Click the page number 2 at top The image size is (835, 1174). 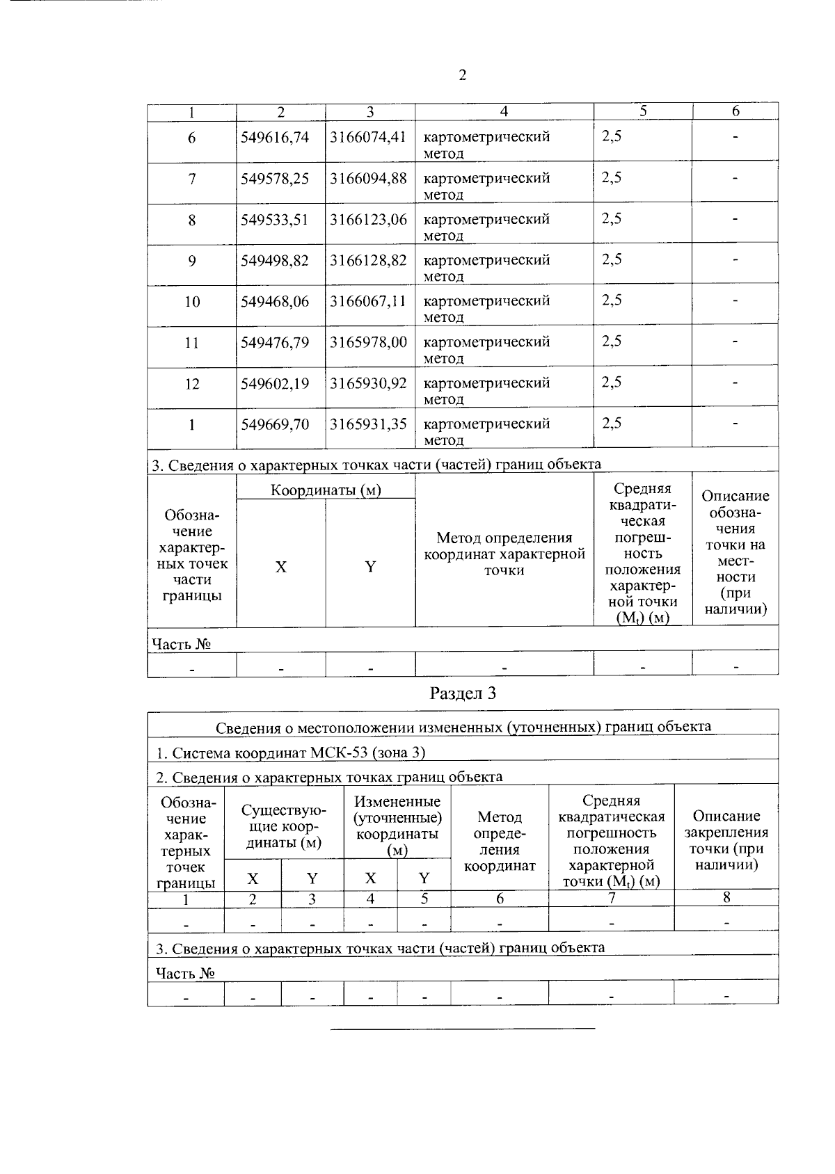coord(462,75)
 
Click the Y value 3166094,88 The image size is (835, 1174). coord(368,178)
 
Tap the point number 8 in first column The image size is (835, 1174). coord(192,220)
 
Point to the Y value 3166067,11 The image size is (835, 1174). coord(368,301)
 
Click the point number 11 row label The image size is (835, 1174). coord(192,343)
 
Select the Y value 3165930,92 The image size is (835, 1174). coord(368,383)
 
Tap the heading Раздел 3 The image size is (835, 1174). coord(463,693)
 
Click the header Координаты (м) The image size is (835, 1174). coord(326,490)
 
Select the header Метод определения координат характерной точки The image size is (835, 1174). coord(504,554)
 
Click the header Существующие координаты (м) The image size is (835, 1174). coord(283,826)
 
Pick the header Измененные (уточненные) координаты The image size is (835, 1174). coord(397,826)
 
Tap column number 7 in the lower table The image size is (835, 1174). coord(611,898)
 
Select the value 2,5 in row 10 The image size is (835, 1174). coord(612,300)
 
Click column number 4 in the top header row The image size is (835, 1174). coord(504,111)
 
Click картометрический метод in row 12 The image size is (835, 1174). coord(486,390)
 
